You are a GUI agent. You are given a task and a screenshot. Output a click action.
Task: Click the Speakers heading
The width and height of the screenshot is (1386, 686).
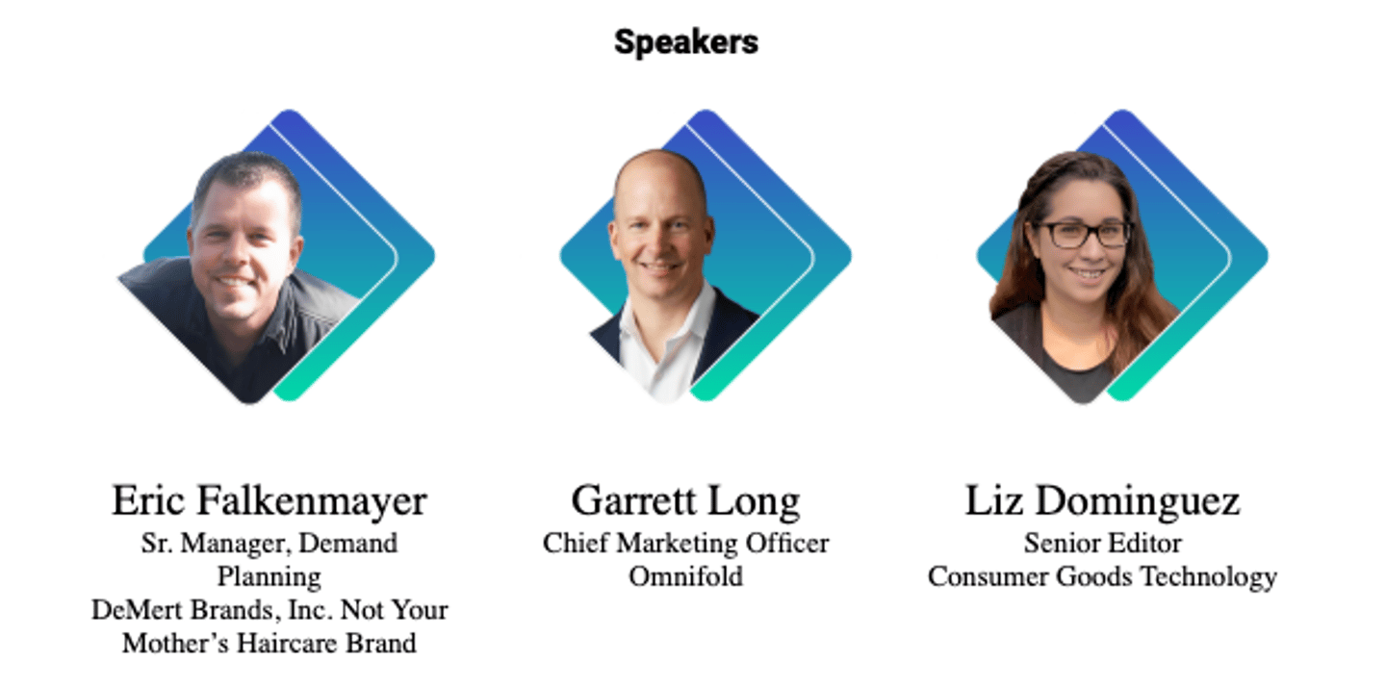[685, 41]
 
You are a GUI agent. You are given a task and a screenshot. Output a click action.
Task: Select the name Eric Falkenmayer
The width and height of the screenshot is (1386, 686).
[269, 501]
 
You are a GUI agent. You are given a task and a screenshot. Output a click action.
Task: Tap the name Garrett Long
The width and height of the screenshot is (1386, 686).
[685, 501]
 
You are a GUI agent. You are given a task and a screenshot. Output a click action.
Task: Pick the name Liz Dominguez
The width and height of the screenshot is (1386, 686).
[1102, 501]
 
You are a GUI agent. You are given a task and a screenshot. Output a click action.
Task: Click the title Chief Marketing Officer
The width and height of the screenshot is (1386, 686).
[685, 544]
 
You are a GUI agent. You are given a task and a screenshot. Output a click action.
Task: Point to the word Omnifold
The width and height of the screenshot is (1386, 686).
[685, 576]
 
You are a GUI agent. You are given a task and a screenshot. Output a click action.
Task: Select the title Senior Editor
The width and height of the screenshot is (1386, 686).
[1102, 544]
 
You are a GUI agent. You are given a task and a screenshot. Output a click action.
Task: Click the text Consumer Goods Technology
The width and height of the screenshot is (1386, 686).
[1102, 576]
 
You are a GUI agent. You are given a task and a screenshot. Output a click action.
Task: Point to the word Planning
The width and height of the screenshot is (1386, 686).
[269, 576]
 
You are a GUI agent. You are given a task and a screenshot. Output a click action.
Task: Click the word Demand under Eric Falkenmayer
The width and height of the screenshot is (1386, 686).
[347, 544]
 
